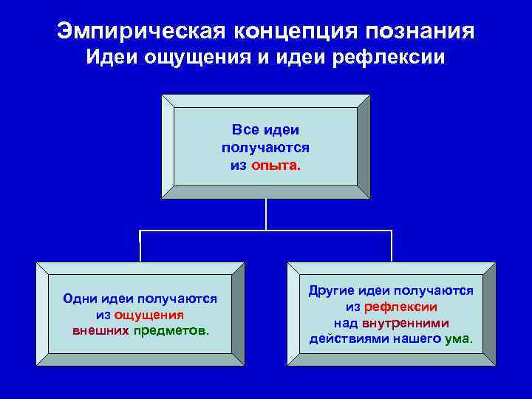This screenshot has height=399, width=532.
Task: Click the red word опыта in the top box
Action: (x=275, y=166)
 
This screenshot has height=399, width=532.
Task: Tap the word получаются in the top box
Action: (x=265, y=148)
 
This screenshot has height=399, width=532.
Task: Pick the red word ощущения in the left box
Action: (x=149, y=314)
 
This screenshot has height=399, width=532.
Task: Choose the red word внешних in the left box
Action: (x=100, y=330)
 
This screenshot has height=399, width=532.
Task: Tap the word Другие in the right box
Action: (x=335, y=291)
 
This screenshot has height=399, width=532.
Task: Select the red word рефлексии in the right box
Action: (x=400, y=307)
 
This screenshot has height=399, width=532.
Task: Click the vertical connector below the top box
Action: (x=266, y=214)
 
